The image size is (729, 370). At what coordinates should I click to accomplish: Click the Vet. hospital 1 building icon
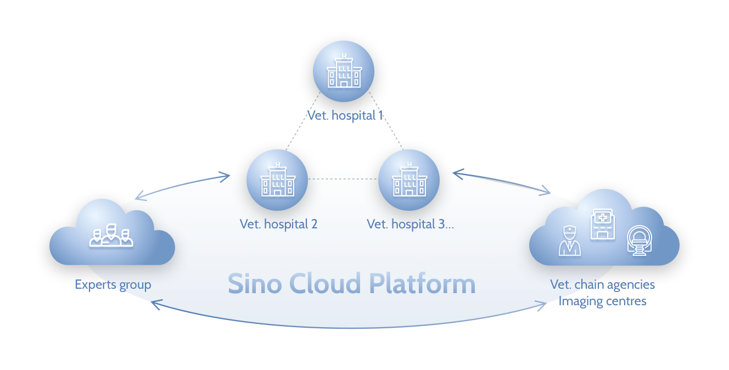click(344, 71)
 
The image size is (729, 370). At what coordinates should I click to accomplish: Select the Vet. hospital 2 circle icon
click(277, 180)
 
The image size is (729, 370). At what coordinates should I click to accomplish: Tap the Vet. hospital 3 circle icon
click(409, 180)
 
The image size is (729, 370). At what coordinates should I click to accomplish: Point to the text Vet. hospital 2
click(278, 224)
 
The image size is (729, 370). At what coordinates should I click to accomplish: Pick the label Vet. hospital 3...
click(410, 224)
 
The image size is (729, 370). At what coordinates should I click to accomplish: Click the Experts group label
click(113, 285)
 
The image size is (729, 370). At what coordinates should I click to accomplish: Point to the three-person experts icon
click(111, 236)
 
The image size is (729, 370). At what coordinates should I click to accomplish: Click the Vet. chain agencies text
click(602, 285)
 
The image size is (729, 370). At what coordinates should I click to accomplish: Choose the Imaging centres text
click(602, 301)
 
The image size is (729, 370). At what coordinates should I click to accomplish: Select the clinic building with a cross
click(602, 225)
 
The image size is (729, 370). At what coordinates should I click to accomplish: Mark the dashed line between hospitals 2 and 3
click(343, 179)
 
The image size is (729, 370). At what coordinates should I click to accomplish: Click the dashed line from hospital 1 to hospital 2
click(302, 121)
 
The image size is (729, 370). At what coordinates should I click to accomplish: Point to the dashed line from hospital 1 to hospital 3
click(386, 121)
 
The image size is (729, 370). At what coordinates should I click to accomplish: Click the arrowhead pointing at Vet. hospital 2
click(225, 177)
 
